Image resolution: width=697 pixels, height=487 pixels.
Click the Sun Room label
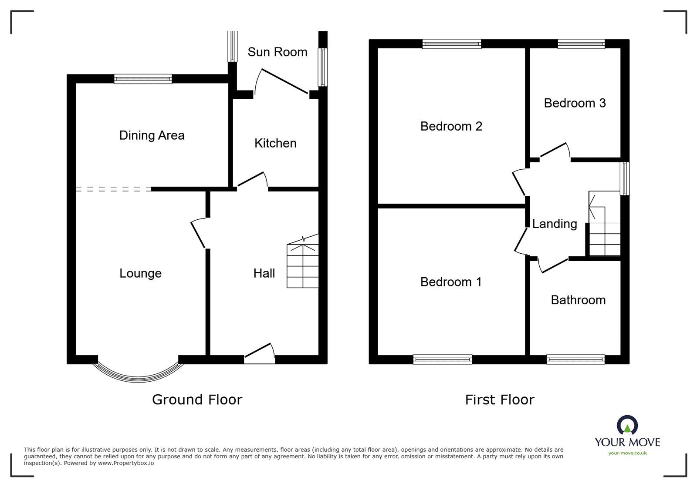(x=277, y=52)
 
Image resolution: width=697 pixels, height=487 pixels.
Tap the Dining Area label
(x=152, y=135)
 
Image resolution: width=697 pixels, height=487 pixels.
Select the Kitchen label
(x=275, y=143)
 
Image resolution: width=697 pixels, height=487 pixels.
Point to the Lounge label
(x=140, y=273)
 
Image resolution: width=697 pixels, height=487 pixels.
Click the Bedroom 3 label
(x=575, y=103)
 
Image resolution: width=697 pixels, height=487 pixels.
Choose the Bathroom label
(x=578, y=300)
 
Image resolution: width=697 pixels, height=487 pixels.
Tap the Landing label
(x=555, y=224)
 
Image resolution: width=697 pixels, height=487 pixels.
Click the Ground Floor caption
(x=197, y=400)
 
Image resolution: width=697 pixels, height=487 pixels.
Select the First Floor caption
(x=499, y=400)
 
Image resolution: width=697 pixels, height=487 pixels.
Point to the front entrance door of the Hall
(x=260, y=354)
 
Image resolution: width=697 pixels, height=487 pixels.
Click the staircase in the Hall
(x=302, y=265)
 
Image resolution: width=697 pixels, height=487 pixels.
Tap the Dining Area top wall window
(x=143, y=79)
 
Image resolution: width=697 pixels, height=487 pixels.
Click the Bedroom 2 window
(x=452, y=44)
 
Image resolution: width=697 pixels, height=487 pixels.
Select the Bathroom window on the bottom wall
(x=575, y=359)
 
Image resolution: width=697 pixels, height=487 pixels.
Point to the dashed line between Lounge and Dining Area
(x=113, y=189)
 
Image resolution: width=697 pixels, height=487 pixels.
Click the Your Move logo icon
(x=627, y=425)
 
